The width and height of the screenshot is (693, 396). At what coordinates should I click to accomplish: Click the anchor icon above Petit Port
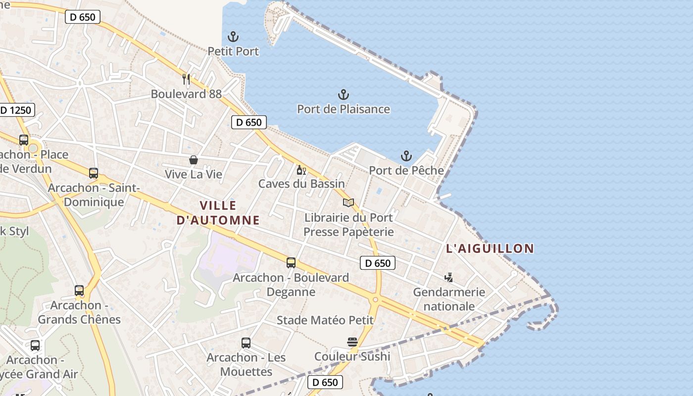click(233, 37)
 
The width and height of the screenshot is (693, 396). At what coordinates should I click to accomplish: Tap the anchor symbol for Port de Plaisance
click(343, 95)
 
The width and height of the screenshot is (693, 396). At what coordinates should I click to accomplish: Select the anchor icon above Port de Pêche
click(406, 156)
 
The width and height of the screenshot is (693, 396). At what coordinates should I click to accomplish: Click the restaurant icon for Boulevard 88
click(186, 79)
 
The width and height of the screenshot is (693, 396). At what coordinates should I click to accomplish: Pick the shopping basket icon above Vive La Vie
click(194, 160)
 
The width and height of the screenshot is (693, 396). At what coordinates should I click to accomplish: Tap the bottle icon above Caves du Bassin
click(301, 170)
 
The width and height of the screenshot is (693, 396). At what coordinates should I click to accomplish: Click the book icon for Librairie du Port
click(348, 203)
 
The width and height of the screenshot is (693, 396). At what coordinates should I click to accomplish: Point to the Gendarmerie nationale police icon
click(449, 277)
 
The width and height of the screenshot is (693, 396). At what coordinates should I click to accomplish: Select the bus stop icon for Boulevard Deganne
click(291, 263)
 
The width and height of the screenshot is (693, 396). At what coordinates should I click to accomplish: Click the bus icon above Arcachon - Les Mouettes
click(246, 343)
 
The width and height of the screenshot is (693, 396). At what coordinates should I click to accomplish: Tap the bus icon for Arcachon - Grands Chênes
click(79, 291)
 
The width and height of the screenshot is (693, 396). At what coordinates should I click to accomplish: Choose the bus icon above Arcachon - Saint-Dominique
click(94, 173)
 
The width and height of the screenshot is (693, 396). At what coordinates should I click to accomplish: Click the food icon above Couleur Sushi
click(352, 342)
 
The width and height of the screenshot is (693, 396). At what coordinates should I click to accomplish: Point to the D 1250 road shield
click(16, 110)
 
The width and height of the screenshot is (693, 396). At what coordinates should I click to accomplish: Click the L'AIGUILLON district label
click(490, 248)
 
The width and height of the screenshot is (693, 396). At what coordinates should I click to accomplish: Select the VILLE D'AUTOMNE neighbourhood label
click(218, 213)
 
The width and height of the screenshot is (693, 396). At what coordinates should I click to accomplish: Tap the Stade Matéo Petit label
click(325, 320)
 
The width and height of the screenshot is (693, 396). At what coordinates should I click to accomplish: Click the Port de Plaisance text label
click(344, 109)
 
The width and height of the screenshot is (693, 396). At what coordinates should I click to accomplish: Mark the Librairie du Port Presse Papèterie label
click(348, 225)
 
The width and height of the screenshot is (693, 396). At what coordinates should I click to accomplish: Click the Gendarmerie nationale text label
click(449, 299)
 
